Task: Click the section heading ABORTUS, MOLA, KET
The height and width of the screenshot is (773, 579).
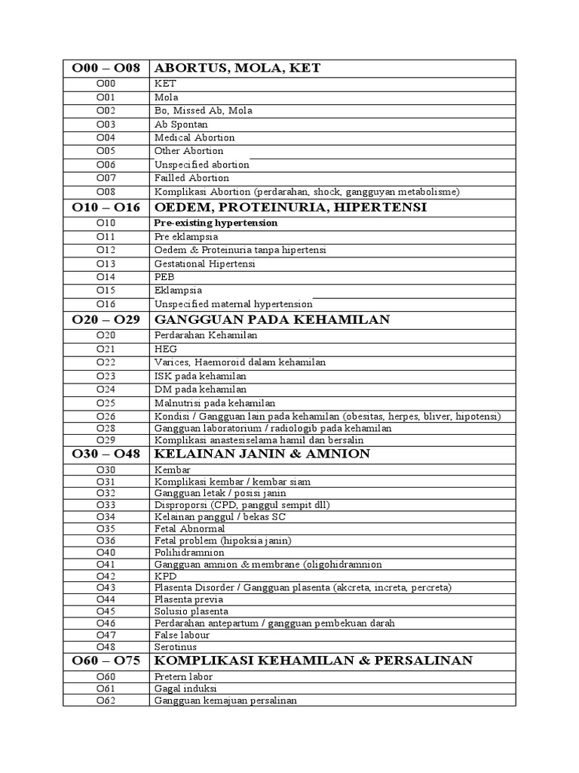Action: (x=237, y=69)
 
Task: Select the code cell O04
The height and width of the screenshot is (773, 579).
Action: (x=106, y=138)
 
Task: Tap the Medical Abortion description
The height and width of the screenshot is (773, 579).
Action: (x=195, y=138)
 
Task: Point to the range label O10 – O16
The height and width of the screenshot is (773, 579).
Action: (x=106, y=207)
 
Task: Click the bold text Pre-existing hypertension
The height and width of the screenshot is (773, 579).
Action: (x=216, y=223)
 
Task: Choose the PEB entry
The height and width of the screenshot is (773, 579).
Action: (x=164, y=277)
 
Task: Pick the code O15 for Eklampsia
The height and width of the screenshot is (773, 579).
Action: (x=106, y=291)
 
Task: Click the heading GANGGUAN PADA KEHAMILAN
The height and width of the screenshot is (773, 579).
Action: (x=272, y=319)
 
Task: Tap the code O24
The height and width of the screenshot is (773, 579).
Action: (x=106, y=390)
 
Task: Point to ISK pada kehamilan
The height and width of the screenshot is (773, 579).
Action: (x=200, y=376)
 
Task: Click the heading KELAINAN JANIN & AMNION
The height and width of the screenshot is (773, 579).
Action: (x=262, y=454)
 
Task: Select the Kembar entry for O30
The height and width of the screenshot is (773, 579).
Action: (x=173, y=470)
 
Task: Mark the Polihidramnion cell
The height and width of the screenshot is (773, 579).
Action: (x=189, y=553)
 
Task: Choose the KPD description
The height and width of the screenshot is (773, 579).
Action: (x=164, y=576)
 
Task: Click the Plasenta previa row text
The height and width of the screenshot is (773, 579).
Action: (x=188, y=599)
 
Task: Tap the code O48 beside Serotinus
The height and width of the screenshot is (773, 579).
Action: (x=106, y=647)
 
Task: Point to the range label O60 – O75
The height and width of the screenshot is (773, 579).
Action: (x=106, y=661)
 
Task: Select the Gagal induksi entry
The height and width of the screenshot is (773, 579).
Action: (x=185, y=688)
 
